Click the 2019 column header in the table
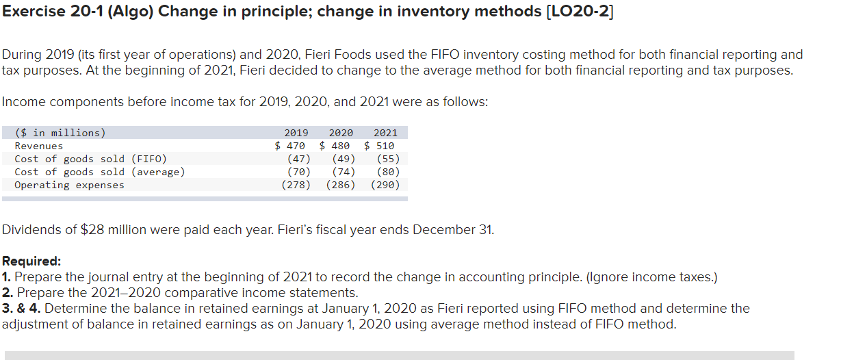[296, 133]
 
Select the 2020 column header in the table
[341, 133]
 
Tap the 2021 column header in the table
[385, 133]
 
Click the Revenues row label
[39, 146]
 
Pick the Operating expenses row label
[69, 185]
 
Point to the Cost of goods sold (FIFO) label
[90, 159]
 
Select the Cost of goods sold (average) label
[99, 172]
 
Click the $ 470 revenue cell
[290, 146]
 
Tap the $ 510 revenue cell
[379, 146]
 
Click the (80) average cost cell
[388, 172]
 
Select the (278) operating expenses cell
[296, 185]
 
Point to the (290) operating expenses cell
[385, 185]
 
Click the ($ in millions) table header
[60, 133]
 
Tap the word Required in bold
[31, 261]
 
